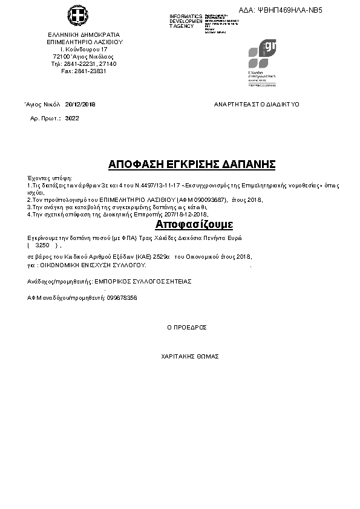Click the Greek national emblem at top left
tap(77, 16)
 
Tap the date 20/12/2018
tap(80, 104)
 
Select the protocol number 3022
tap(72, 118)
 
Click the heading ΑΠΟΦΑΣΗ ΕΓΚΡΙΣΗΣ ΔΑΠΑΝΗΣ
tap(192, 164)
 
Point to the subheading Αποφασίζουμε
tap(194, 225)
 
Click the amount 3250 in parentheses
tap(42, 245)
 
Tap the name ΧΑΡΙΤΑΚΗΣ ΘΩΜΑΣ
tap(189, 357)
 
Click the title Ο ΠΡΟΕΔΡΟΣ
tap(187, 327)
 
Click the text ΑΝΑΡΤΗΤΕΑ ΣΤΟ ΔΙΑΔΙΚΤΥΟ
tap(257, 105)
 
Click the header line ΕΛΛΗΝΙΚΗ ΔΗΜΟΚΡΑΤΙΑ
tap(83, 34)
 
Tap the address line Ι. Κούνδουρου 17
tap(84, 49)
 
